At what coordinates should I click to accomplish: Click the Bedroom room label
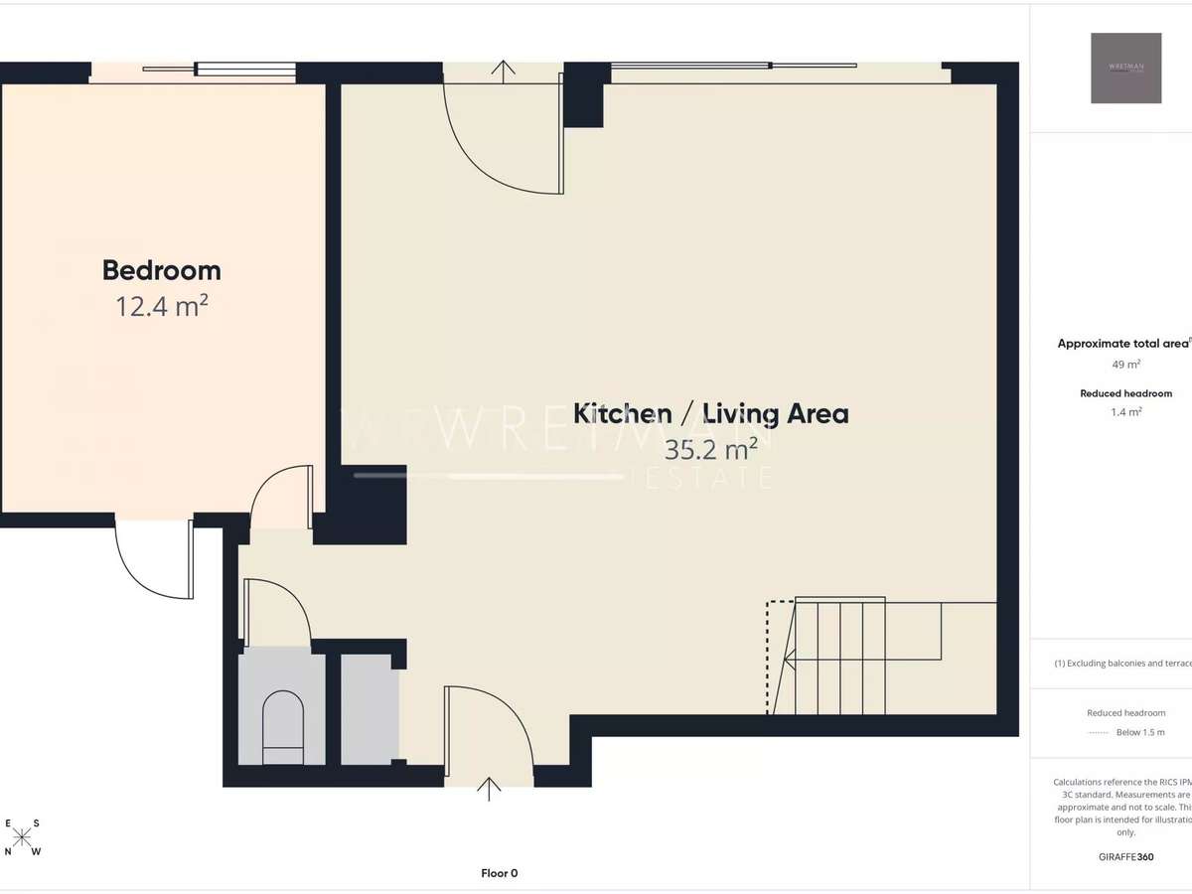pyautogui.click(x=161, y=270)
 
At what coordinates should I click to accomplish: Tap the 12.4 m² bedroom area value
pyautogui.click(x=161, y=305)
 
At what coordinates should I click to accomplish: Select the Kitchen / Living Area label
pyautogui.click(x=711, y=413)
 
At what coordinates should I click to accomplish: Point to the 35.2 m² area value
pyautogui.click(x=711, y=449)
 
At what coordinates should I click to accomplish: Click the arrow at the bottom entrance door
pyautogui.click(x=488, y=789)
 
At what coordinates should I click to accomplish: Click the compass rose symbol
pyautogui.click(x=23, y=837)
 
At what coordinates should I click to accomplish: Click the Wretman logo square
pyautogui.click(x=1125, y=68)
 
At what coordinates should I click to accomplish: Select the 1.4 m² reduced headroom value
pyautogui.click(x=1125, y=411)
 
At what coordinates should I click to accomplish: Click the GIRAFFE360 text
pyautogui.click(x=1125, y=855)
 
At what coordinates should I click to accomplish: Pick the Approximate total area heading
pyautogui.click(x=1123, y=344)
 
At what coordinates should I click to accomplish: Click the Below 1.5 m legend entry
pyautogui.click(x=1138, y=732)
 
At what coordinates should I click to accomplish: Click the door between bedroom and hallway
pyautogui.click(x=282, y=497)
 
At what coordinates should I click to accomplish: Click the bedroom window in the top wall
pyautogui.click(x=219, y=70)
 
